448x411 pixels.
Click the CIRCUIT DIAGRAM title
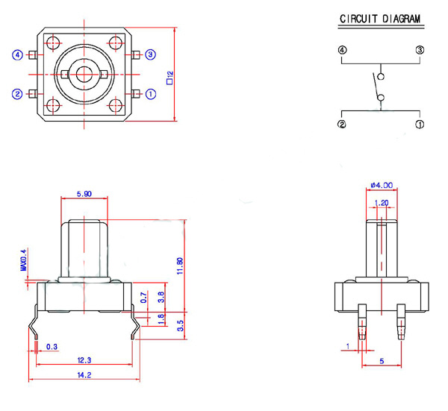pyautogui.click(x=379, y=19)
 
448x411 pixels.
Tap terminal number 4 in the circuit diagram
pyautogui.click(x=343, y=50)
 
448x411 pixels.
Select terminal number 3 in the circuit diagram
pyautogui.click(x=420, y=50)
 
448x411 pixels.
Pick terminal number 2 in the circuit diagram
pyautogui.click(x=343, y=124)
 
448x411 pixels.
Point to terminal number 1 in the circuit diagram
pyautogui.click(x=420, y=124)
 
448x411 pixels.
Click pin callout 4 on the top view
pyautogui.click(x=16, y=54)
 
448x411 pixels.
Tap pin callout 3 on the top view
pyautogui.click(x=150, y=54)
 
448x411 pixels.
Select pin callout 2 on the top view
pyautogui.click(x=16, y=93)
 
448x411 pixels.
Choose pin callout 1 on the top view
pyautogui.click(x=150, y=93)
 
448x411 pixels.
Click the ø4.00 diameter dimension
pyautogui.click(x=382, y=185)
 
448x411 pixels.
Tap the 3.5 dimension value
pyautogui.click(x=180, y=325)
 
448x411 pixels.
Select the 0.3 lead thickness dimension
pyautogui.click(x=52, y=347)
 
